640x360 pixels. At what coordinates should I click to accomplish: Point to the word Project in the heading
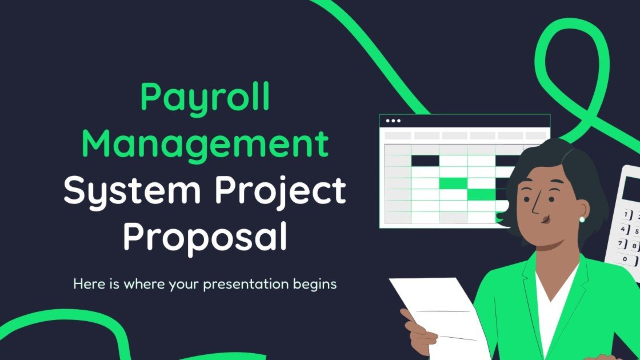(281, 192)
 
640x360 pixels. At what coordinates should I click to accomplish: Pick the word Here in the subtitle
(87, 284)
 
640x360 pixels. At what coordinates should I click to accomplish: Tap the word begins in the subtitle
(315, 285)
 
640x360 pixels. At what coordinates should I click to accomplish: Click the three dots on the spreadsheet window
(394, 121)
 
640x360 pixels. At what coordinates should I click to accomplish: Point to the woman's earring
(582, 219)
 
